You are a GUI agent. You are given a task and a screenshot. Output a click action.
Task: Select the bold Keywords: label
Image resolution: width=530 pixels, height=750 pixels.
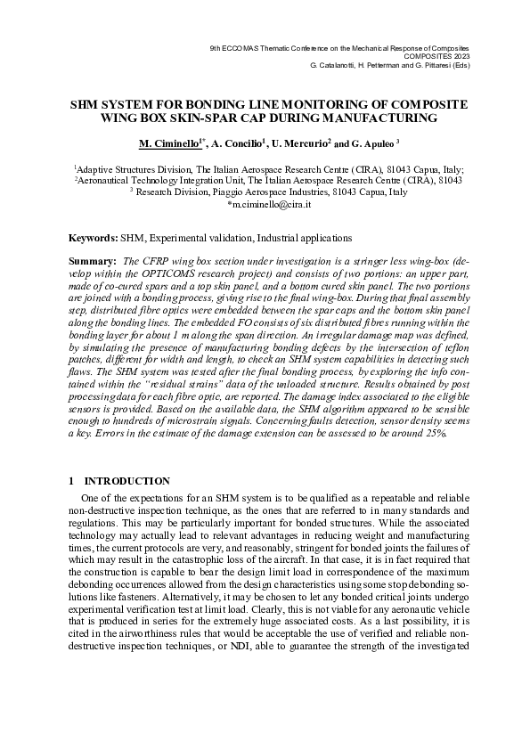coord(94,238)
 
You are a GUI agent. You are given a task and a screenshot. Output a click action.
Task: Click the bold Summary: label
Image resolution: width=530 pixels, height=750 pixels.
coord(94,260)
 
